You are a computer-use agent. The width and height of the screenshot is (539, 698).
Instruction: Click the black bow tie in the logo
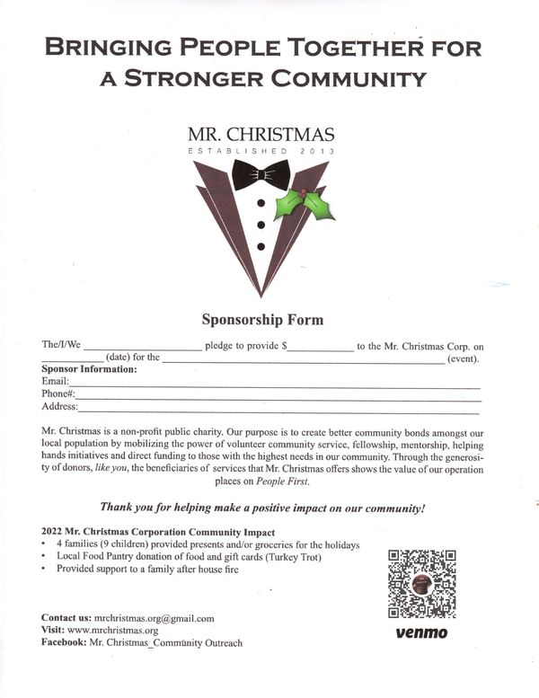pos(261,174)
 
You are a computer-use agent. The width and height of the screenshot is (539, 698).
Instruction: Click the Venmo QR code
pos(421,584)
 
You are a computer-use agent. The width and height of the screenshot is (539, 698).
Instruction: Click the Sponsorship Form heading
pos(261,320)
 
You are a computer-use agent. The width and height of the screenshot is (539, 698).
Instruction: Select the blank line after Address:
pos(282,409)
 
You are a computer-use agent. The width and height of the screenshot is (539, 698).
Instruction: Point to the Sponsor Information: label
pos(89,369)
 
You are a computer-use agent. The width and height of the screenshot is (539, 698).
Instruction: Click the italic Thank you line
pos(261,507)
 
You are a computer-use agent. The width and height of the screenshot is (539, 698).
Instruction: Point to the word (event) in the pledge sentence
pos(464,358)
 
